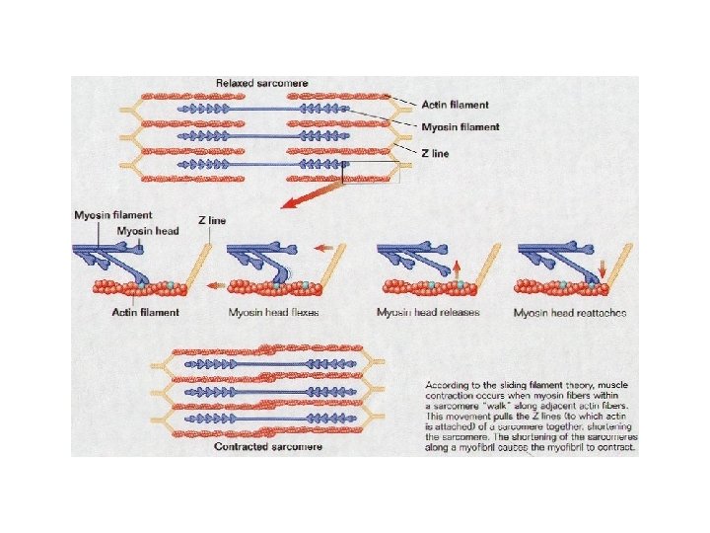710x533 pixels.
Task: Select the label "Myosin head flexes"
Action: click(x=273, y=313)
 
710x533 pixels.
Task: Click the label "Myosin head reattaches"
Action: click(x=570, y=313)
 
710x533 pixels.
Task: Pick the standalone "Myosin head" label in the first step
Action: click(x=147, y=230)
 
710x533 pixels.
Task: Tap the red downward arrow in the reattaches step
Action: click(x=603, y=267)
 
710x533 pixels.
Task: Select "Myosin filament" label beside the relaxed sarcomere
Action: click(x=460, y=127)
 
